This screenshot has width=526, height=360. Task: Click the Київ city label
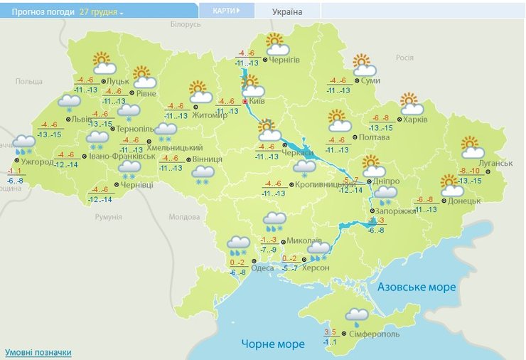point(258,102)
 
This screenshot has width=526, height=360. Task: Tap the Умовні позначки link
point(38,352)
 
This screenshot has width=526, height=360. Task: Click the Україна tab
point(287,12)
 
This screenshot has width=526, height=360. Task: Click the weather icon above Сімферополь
point(357,314)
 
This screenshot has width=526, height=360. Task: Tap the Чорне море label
point(272,344)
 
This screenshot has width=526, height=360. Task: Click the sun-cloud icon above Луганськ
point(471,147)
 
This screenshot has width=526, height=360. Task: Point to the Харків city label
point(414,120)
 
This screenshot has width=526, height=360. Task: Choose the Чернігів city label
point(285,60)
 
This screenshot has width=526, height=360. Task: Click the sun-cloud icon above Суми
point(364,65)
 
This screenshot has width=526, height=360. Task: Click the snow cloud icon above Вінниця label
point(203,173)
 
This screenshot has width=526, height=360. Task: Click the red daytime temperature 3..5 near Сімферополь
point(330,332)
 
